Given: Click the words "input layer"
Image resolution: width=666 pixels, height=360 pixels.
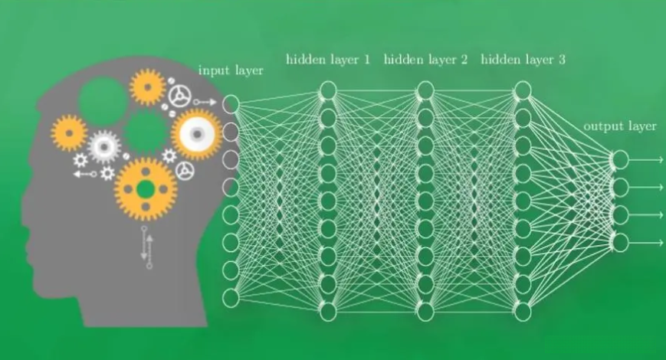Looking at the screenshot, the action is coord(231,70).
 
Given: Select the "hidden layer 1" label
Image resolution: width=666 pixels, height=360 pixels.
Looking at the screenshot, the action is coord(328,59).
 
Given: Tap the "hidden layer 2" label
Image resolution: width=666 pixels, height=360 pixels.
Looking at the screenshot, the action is coord(425,59).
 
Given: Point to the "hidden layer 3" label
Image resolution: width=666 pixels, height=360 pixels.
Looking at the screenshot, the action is coord(523,59).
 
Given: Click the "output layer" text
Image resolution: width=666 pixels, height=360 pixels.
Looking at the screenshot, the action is coord(620,126).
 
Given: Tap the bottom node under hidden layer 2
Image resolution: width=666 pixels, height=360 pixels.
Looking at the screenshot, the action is coord(425,311).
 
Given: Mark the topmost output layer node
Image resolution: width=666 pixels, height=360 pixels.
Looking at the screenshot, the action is coord(620,159).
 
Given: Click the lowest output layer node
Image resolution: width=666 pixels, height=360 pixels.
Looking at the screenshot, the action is coord(620,243).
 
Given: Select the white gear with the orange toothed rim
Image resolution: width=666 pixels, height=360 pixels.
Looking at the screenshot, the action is coord(197,134).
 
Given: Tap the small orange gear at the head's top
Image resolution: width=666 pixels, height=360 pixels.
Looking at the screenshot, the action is coord(147,87).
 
